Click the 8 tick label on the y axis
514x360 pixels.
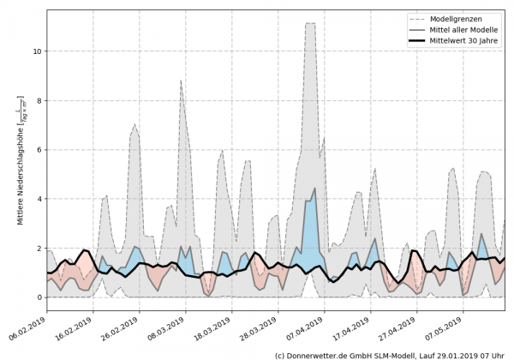tap(39, 100)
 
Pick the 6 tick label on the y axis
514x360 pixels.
tap(39, 150)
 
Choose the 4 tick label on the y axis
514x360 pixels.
tap(39, 199)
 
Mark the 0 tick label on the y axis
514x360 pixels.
tap(39, 297)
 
